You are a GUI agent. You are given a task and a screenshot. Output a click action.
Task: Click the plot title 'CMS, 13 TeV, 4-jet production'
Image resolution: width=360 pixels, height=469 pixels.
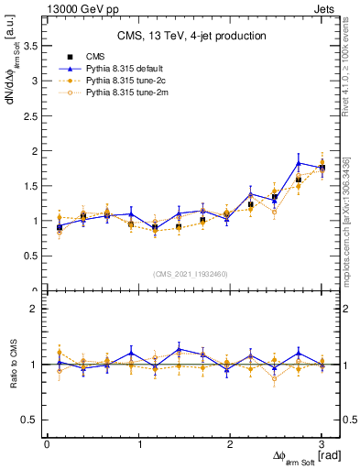pos(191,36)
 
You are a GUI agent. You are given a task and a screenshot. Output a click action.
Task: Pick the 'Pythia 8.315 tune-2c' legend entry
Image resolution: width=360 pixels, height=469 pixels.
pos(121,81)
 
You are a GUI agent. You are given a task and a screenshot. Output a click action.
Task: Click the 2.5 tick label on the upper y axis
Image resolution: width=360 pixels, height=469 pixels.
pos(31,115)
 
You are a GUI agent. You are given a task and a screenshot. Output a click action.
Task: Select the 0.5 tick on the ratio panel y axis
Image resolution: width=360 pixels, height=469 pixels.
pos(31,420)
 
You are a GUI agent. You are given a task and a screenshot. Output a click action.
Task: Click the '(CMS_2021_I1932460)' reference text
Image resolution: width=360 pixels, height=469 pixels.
pos(192,274)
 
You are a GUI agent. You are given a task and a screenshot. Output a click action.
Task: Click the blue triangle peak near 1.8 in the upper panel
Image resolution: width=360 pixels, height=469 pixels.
pos(299,163)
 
